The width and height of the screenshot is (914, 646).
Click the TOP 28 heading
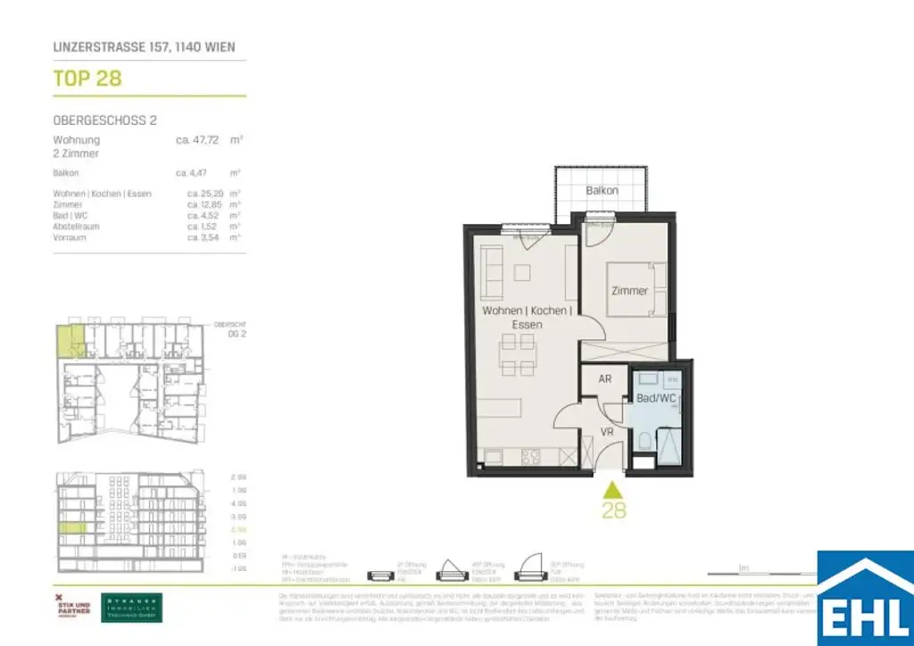[x=87, y=79]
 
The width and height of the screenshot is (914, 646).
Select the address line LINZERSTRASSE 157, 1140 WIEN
[x=145, y=46]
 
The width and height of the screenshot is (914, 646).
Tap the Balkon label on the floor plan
[x=602, y=191]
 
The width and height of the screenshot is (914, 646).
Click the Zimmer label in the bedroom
[x=629, y=291]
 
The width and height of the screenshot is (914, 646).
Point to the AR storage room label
[x=604, y=379]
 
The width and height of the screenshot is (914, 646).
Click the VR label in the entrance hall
[x=607, y=432]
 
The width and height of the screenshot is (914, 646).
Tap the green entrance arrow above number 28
[x=612, y=490]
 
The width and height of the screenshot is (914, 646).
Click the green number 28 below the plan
[x=613, y=510]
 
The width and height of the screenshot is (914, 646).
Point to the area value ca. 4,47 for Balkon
[x=194, y=172]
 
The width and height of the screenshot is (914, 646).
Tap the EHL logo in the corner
[x=865, y=600]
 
